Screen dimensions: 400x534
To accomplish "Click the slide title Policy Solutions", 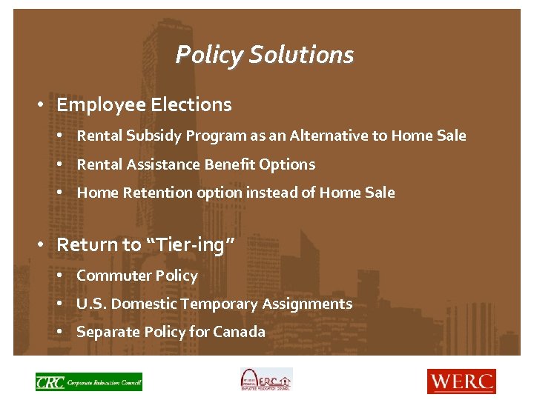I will click(x=265, y=55).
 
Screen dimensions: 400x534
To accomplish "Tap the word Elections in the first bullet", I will click(x=191, y=105).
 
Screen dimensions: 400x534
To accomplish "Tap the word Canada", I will click(x=239, y=332).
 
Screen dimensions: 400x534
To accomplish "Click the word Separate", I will click(x=105, y=332).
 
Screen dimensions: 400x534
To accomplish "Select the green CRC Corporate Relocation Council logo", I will click(x=88, y=381).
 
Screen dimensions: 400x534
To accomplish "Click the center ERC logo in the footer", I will click(x=266, y=380).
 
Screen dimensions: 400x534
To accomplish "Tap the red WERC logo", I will click(x=461, y=381).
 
